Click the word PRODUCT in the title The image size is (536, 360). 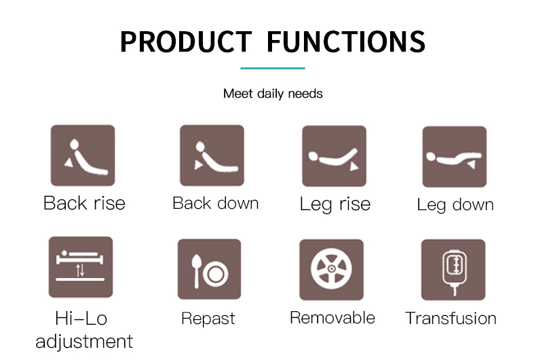point(186,41)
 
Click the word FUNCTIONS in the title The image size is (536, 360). point(346,41)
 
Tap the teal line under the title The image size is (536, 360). point(273,68)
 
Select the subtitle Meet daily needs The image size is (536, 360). point(273,94)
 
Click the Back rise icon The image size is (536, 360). point(83,155)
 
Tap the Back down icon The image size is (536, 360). point(212,155)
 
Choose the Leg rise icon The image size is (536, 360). point(334,156)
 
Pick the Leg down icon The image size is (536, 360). point(455,157)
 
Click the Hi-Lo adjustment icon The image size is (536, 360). point(81,266)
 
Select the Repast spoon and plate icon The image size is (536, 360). point(209,269)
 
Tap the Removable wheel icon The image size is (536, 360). point(331,270)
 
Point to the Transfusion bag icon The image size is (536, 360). point(453,270)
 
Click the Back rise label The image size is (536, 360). point(84,203)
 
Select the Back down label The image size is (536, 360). point(216,203)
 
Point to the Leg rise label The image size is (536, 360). point(335,204)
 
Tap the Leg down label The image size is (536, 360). point(455,205)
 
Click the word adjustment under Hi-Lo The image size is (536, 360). point(84,342)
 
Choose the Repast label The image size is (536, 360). point(208,319)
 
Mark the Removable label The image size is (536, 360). point(332,318)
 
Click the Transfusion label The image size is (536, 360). point(451,319)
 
